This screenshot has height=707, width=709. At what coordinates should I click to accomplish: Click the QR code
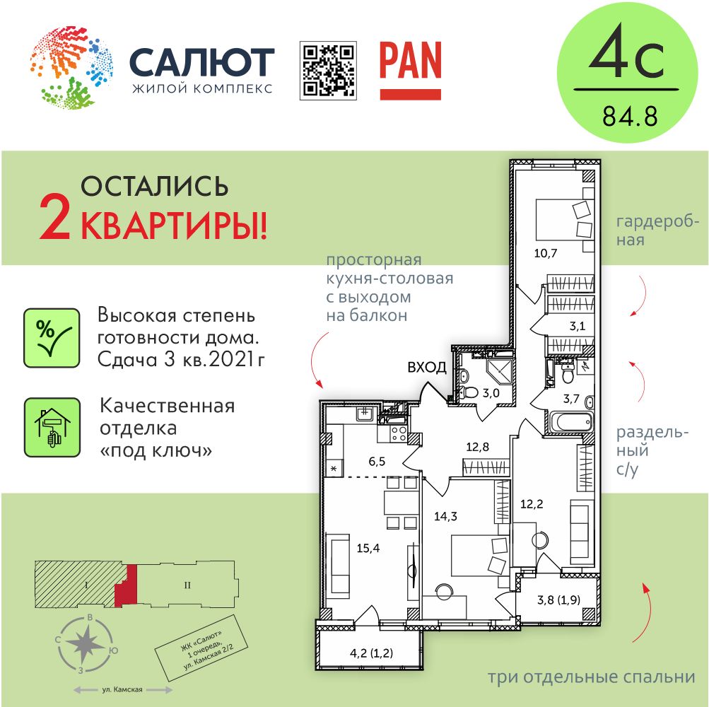328,71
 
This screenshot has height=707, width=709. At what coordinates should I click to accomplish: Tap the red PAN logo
411,71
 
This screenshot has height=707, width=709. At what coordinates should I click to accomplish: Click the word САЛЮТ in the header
202,62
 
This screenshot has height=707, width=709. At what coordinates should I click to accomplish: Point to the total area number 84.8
630,116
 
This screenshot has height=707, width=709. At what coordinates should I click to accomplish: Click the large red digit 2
55,220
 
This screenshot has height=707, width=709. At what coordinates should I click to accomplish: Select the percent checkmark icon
52,338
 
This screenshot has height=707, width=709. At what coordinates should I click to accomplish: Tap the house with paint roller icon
52,428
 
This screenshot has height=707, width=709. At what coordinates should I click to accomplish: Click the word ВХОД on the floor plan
427,367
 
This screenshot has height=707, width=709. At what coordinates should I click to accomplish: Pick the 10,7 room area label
546,253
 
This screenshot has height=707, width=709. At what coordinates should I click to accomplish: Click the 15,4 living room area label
368,549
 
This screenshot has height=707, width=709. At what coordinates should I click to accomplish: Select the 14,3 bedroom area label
445,516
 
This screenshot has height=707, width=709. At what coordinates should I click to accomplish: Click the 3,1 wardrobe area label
578,326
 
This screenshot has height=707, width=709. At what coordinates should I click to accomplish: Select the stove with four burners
399,433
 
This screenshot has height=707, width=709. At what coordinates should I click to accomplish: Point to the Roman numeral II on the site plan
187,585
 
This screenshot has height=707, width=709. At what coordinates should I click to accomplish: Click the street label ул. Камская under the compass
122,690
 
